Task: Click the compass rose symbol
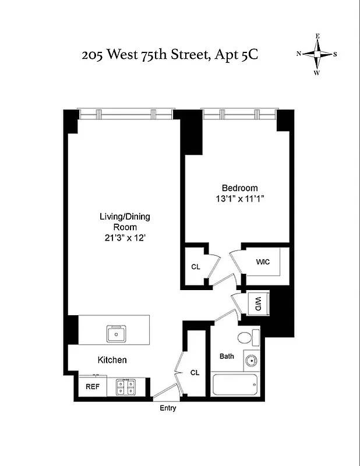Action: (317, 54)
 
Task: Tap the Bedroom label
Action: (239, 188)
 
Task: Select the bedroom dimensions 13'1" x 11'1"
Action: (239, 199)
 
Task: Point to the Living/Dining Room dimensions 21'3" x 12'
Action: (125, 238)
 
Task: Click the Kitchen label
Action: (112, 360)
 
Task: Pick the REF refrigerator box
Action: (92, 386)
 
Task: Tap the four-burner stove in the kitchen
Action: (125, 387)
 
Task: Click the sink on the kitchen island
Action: (117, 334)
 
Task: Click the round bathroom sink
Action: (251, 361)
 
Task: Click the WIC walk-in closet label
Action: (263, 262)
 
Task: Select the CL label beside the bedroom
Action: (196, 267)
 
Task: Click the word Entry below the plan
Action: (168, 408)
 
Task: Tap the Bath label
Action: (227, 356)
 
